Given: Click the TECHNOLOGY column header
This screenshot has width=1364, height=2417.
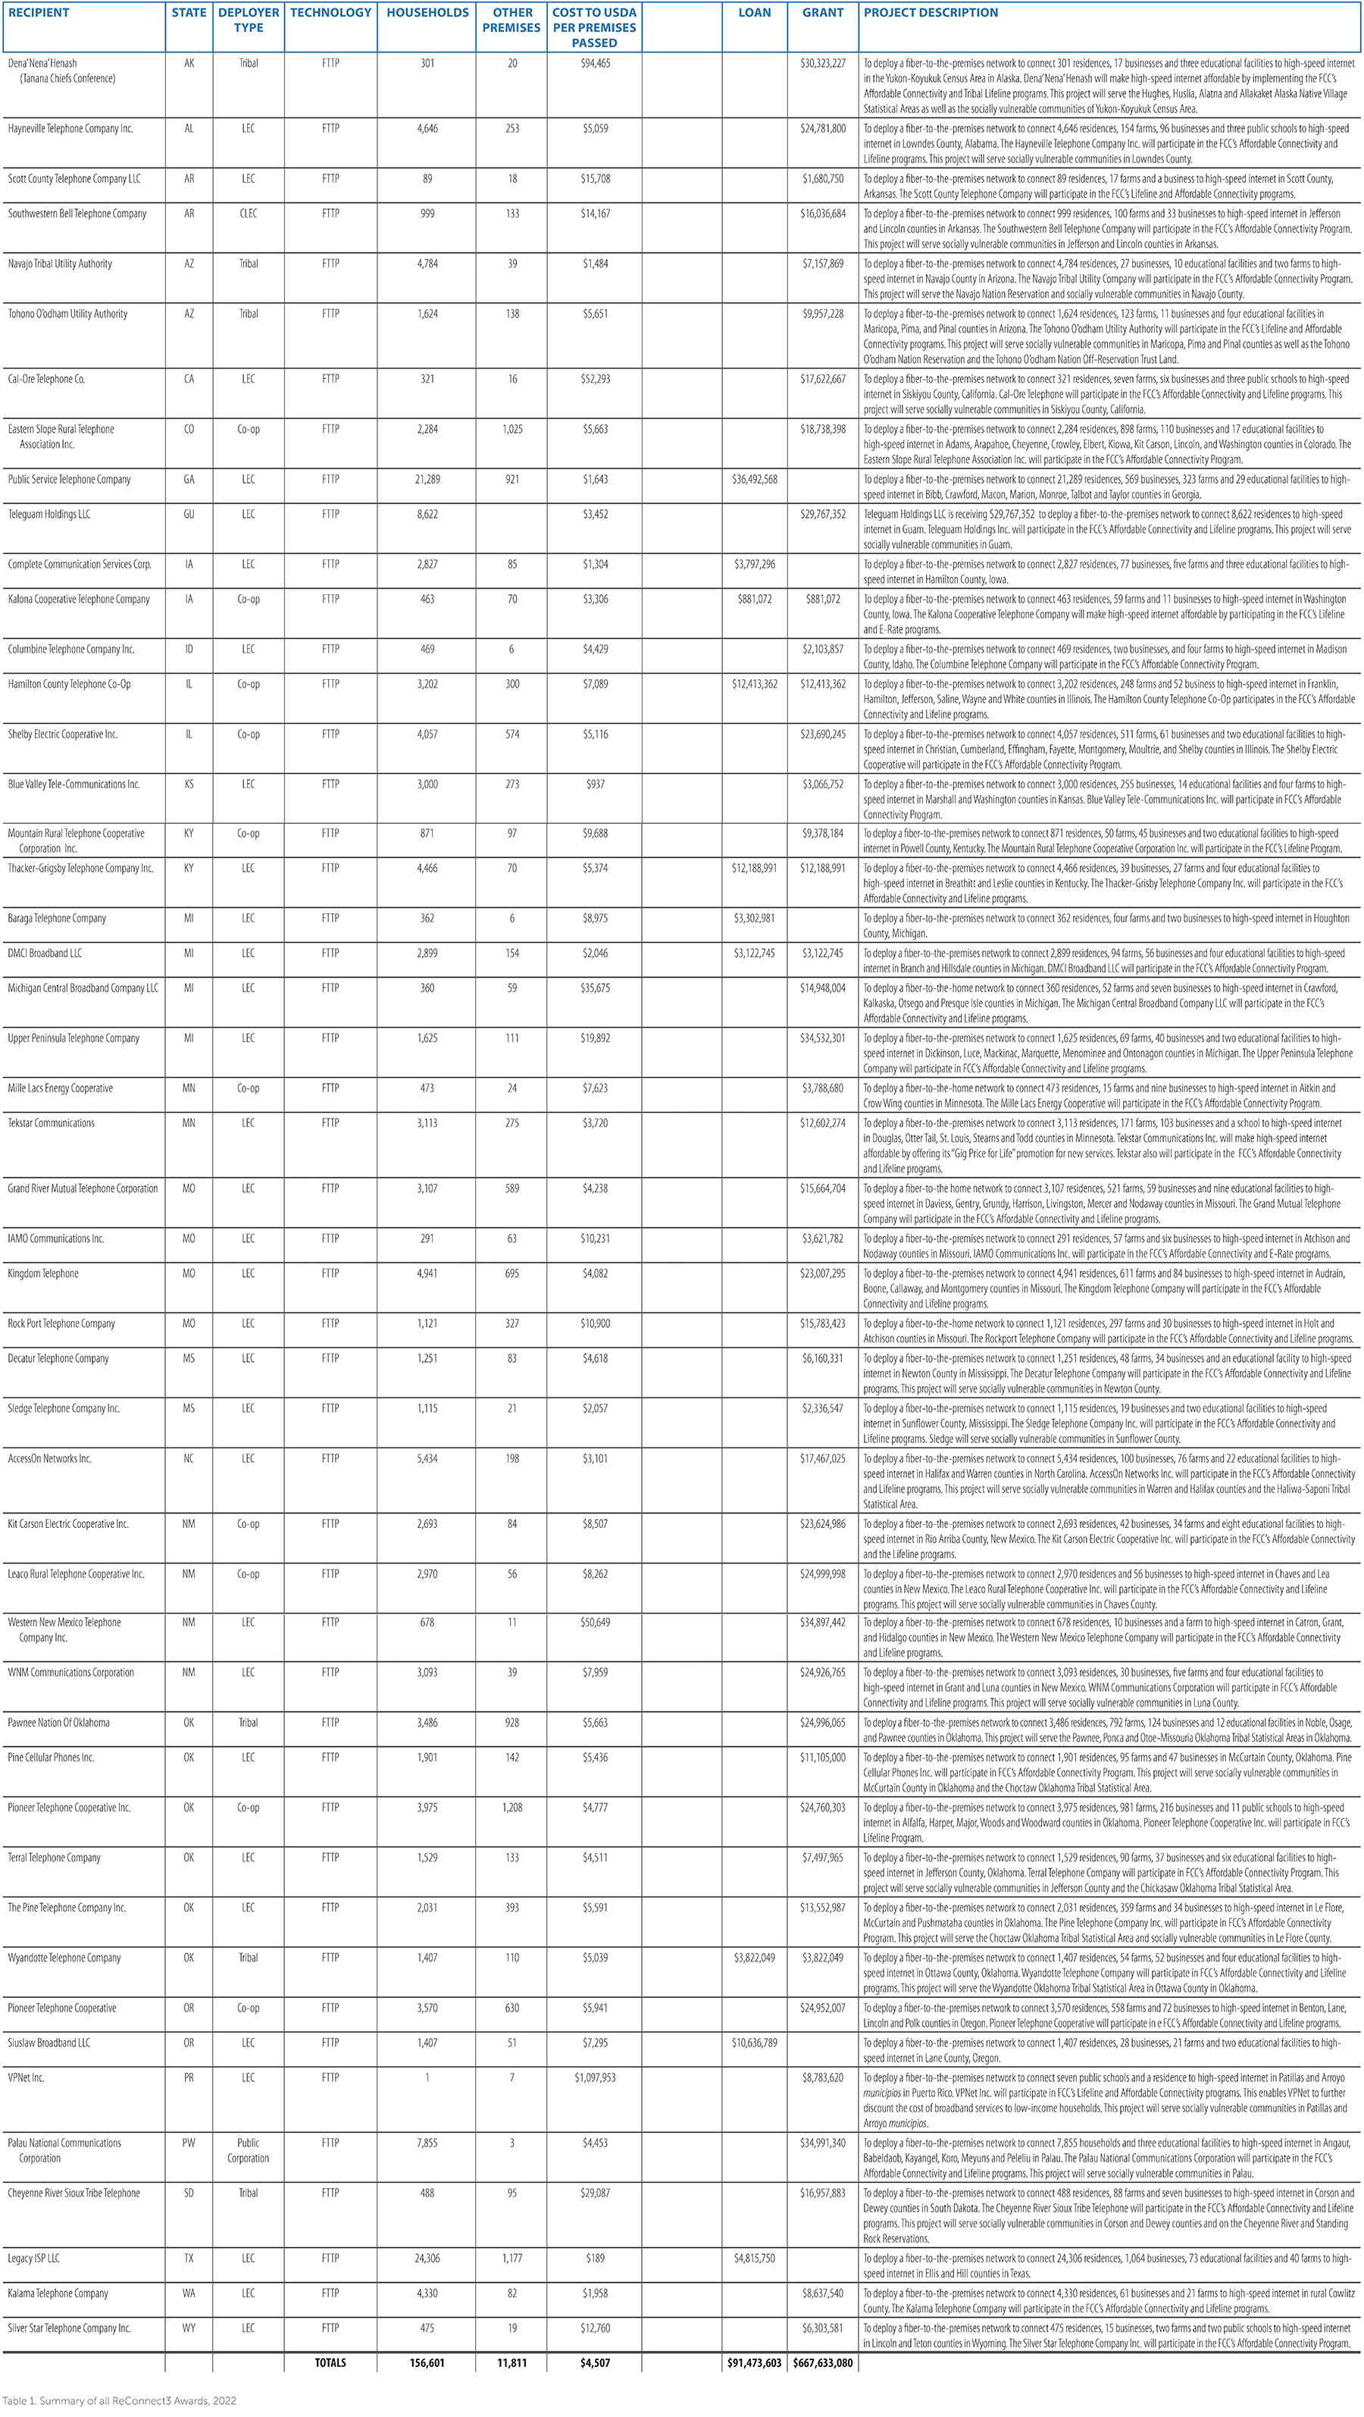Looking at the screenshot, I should click(x=330, y=13).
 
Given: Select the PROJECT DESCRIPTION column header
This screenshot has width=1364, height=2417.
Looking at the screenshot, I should click(x=931, y=13).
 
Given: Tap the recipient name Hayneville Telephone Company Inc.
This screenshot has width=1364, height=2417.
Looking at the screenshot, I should click(x=70, y=129).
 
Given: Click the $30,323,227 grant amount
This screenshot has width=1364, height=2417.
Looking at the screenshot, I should click(x=823, y=64).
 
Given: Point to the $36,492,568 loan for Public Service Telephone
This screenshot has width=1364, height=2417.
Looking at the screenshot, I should click(x=754, y=480).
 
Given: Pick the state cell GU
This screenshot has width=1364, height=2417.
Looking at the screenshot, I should click(x=189, y=514).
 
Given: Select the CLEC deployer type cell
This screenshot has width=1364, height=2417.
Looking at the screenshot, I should click(x=248, y=214).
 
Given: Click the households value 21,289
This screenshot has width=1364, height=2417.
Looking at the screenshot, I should click(x=427, y=480).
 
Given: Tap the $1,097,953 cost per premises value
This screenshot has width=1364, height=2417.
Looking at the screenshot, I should click(x=595, y=2077).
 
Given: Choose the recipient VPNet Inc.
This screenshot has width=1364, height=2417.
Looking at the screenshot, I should click(x=27, y=2077).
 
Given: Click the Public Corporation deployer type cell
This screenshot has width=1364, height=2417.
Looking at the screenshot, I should click(x=248, y=2149).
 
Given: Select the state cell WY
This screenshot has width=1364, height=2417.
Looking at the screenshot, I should click(x=189, y=2328).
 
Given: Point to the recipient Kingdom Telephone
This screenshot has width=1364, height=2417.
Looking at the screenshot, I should click(x=43, y=1273).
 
